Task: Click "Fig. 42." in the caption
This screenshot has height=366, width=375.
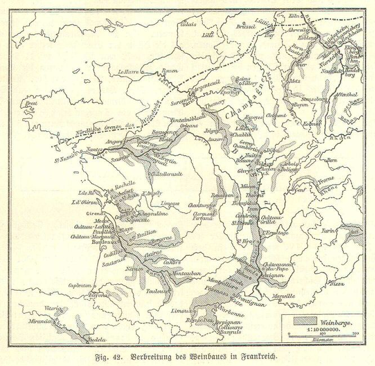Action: [112, 356]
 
